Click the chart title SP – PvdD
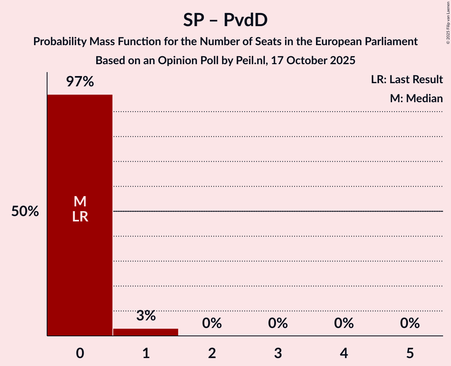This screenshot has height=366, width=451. pyautogui.click(x=225, y=20)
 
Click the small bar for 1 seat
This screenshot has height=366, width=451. pyautogui.click(x=146, y=332)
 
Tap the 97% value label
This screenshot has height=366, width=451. pyautogui.click(x=80, y=82)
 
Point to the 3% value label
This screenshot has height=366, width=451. pyautogui.click(x=146, y=316)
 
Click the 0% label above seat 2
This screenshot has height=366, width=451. pyautogui.click(x=212, y=323)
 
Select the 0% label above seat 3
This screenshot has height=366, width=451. pyautogui.click(x=278, y=323)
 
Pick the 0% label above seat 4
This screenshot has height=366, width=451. pyautogui.click(x=344, y=323)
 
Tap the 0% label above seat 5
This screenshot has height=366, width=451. pyautogui.click(x=409, y=323)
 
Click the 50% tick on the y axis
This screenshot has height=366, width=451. pyautogui.click(x=25, y=212)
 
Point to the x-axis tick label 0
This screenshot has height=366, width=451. pyautogui.click(x=80, y=353)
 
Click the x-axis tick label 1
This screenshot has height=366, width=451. pyautogui.click(x=146, y=353)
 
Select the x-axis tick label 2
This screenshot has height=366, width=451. pyautogui.click(x=212, y=353)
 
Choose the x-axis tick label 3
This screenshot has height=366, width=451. pyautogui.click(x=278, y=353)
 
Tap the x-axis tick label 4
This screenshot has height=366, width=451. pyautogui.click(x=344, y=353)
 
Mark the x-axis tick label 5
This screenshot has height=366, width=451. pyautogui.click(x=409, y=353)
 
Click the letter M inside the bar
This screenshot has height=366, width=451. pyautogui.click(x=80, y=202)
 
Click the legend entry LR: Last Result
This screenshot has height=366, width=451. pyautogui.click(x=407, y=80)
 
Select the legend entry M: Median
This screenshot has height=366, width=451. pyautogui.click(x=416, y=98)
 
